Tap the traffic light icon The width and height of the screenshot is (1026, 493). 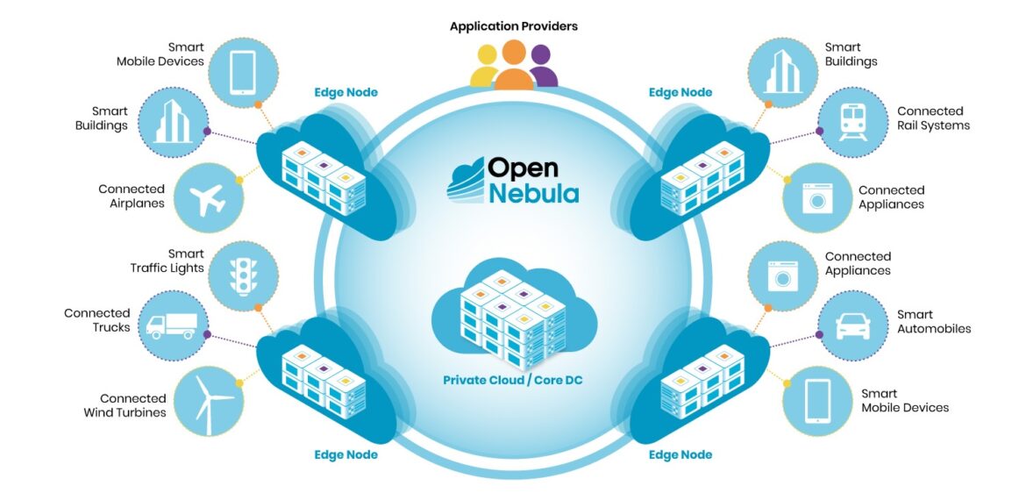tap(242, 275)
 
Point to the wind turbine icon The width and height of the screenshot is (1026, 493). tap(210, 403)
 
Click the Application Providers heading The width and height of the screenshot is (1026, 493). tap(513, 26)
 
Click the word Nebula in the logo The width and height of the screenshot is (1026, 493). tap(533, 193)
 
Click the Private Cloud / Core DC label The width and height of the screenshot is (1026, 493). tap(513, 380)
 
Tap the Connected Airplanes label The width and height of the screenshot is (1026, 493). tap(131, 196)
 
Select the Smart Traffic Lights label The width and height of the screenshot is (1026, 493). tap(167, 261)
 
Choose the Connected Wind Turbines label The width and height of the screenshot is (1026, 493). tap(125, 405)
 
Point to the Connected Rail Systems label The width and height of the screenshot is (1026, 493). tap(933, 118)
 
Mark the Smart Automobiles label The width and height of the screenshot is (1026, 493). tap(933, 321)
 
